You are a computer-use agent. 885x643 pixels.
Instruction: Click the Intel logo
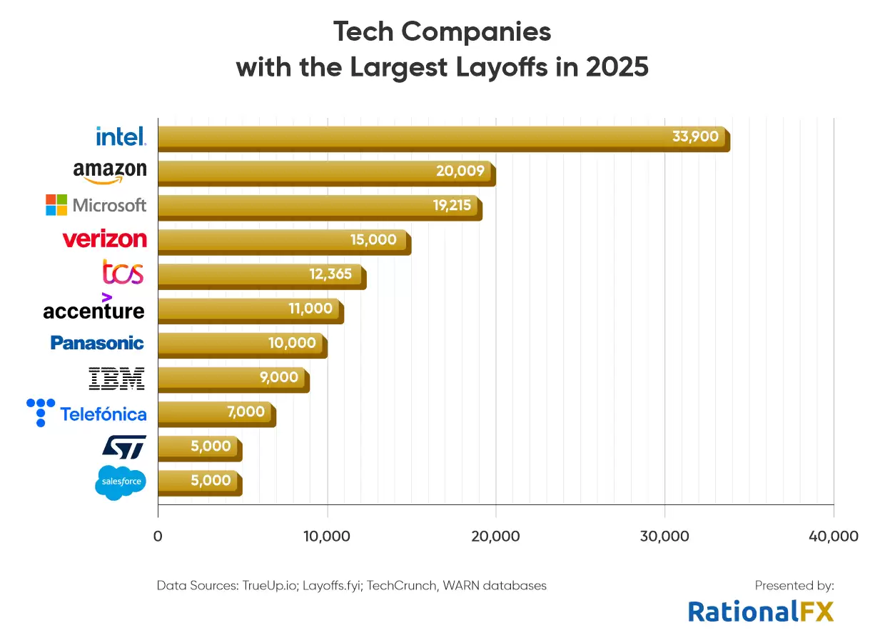coord(121,136)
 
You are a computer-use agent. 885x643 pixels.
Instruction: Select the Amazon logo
coord(110,171)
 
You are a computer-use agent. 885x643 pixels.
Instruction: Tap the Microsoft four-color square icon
coord(56,205)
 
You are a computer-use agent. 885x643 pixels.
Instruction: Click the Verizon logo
coord(105,239)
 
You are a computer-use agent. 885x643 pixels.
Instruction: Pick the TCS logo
coord(123,273)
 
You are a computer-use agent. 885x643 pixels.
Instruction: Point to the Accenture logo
coord(93,308)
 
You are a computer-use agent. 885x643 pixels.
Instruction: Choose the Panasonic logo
coord(97,343)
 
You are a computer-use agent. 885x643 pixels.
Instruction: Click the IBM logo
coord(116,379)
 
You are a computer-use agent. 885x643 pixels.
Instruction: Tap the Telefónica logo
coord(86,413)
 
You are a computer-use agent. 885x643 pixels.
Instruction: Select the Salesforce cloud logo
coord(120,483)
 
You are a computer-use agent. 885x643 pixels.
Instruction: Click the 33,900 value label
coord(694,136)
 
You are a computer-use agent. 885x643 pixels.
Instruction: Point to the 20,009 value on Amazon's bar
coord(460,171)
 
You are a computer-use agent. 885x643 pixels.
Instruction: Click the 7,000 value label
coord(247,412)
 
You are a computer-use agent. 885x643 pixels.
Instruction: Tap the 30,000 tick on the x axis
coord(664,537)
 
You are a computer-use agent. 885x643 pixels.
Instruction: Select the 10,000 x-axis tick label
coord(327,537)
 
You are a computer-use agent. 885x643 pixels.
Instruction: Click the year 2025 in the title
coord(617,67)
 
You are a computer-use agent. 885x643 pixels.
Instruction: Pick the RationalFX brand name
coord(760,611)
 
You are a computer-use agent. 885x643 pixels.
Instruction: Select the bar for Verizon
coord(283,241)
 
